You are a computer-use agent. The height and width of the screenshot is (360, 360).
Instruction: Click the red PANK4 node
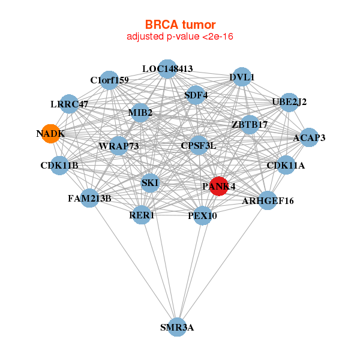pyautogui.click(x=219, y=187)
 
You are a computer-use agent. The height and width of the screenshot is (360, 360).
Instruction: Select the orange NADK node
pyautogui.click(x=50, y=134)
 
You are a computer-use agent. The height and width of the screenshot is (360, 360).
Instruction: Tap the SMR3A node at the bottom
pyautogui.click(x=177, y=327)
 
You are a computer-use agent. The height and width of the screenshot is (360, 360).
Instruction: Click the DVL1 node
pyautogui.click(x=242, y=77)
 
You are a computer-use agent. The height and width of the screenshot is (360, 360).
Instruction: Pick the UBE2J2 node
pyautogui.click(x=289, y=103)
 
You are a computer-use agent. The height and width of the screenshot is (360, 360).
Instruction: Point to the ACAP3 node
pyautogui.click(x=309, y=138)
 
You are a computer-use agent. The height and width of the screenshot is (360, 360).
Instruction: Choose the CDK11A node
pyautogui.click(x=286, y=165)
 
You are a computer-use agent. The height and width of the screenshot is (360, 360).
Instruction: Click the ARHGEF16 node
pyautogui.click(x=268, y=200)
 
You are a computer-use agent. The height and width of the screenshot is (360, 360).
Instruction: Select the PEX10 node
pyautogui.click(x=203, y=215)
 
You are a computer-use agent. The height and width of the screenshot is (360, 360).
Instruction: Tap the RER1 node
pyautogui.click(x=141, y=215)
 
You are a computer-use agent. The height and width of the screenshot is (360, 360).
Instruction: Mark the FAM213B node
pyautogui.click(x=89, y=197)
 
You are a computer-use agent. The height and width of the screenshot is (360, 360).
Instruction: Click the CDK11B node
pyautogui.click(x=59, y=165)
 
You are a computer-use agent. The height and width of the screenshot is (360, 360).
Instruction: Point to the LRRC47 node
pyautogui.click(x=70, y=104)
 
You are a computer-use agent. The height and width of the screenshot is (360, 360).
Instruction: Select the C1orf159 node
pyautogui.click(x=109, y=80)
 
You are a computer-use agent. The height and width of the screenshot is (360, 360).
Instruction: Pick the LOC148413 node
pyautogui.click(x=167, y=69)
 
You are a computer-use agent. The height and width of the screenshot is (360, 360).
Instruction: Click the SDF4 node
pyautogui.click(x=196, y=95)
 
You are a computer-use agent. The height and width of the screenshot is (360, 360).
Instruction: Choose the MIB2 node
pyautogui.click(x=140, y=113)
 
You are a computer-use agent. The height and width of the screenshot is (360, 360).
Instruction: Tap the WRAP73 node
pyautogui.click(x=119, y=146)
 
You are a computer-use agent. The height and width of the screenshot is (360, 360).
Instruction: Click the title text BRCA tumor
pyautogui.click(x=180, y=25)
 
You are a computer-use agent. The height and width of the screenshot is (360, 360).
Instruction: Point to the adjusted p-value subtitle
pyautogui.click(x=180, y=37)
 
